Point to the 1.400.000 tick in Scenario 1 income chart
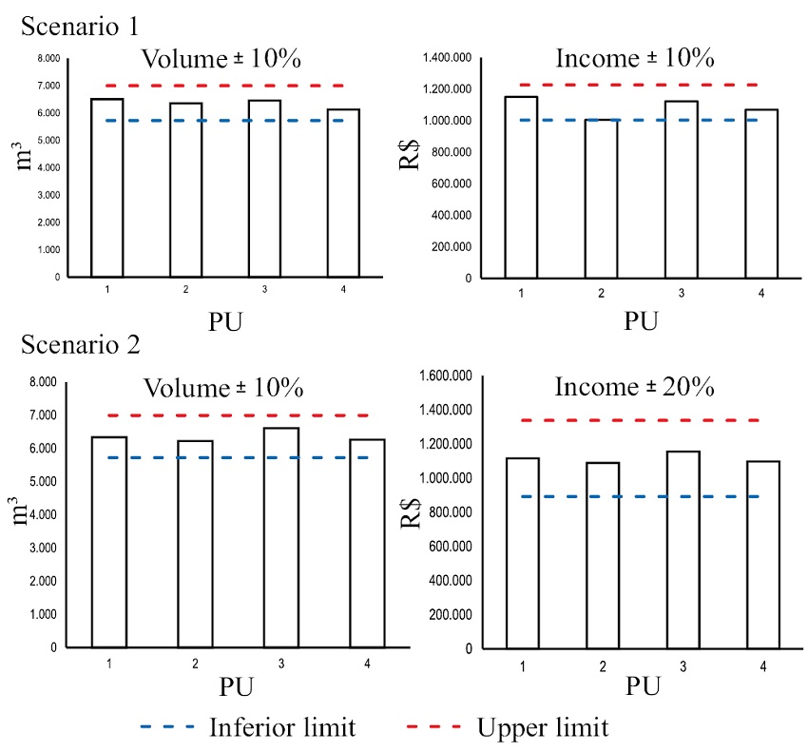450,58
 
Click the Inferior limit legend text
282,728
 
